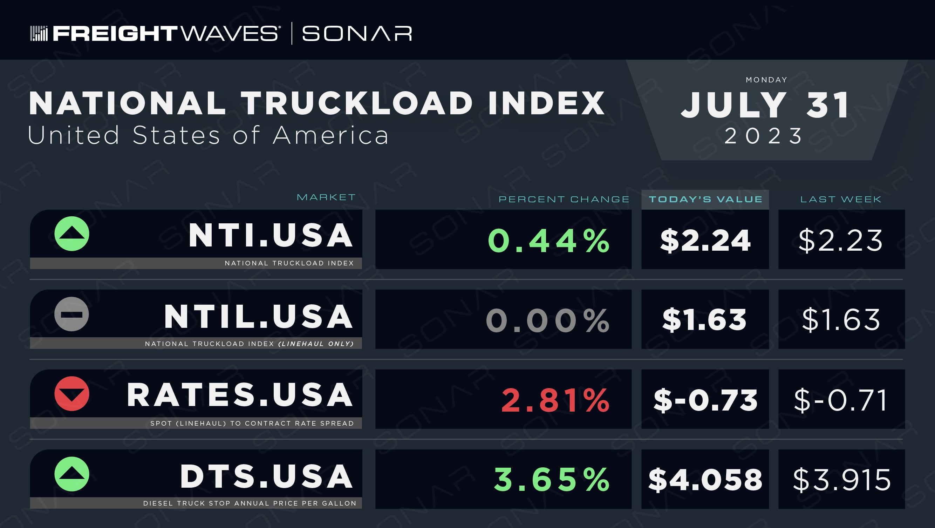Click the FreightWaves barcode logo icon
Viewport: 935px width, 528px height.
39,33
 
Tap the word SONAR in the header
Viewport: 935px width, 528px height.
357,33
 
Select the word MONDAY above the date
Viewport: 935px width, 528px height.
766,80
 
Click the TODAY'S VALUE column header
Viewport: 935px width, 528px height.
705,199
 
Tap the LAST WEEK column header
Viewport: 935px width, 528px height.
841,199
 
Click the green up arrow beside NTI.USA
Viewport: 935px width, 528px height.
72,233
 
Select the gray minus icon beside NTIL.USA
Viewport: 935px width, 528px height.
71,314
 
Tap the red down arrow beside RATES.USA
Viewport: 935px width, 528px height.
72,394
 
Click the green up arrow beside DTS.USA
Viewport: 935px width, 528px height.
72,474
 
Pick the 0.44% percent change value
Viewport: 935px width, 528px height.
548,241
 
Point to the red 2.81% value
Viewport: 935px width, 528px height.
555,400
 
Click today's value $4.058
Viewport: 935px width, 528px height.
705,480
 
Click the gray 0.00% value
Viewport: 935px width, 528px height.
548,320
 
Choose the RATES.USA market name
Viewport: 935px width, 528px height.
240,395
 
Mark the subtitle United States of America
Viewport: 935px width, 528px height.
208,135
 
